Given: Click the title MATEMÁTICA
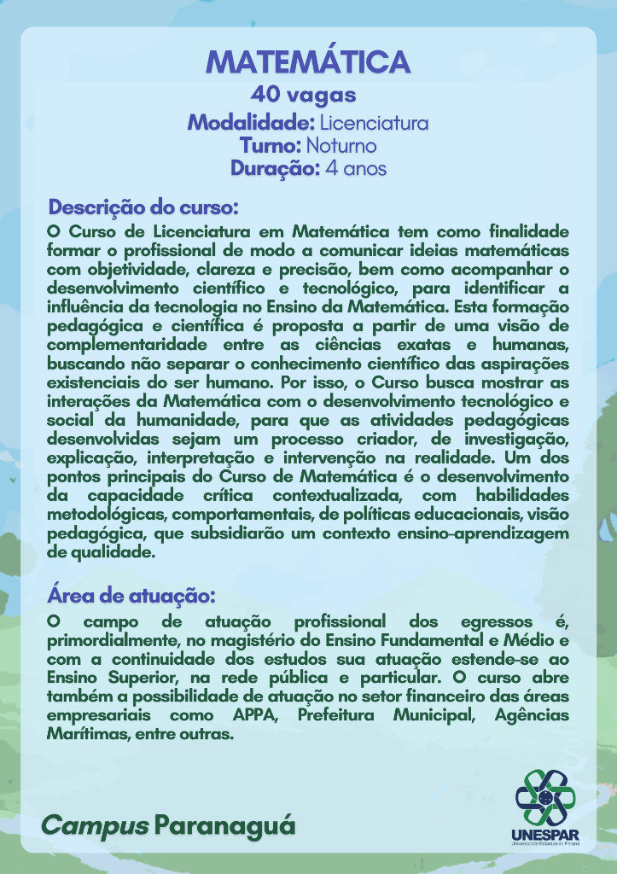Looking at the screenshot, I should tap(308, 62).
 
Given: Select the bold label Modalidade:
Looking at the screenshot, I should tap(251, 122).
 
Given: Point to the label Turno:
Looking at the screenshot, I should tap(271, 145).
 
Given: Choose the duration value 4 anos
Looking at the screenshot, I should tap(356, 168).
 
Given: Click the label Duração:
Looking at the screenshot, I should tap(275, 168).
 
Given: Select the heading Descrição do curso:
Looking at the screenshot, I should tap(143, 207).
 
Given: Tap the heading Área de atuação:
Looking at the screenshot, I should tap(131, 594).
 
